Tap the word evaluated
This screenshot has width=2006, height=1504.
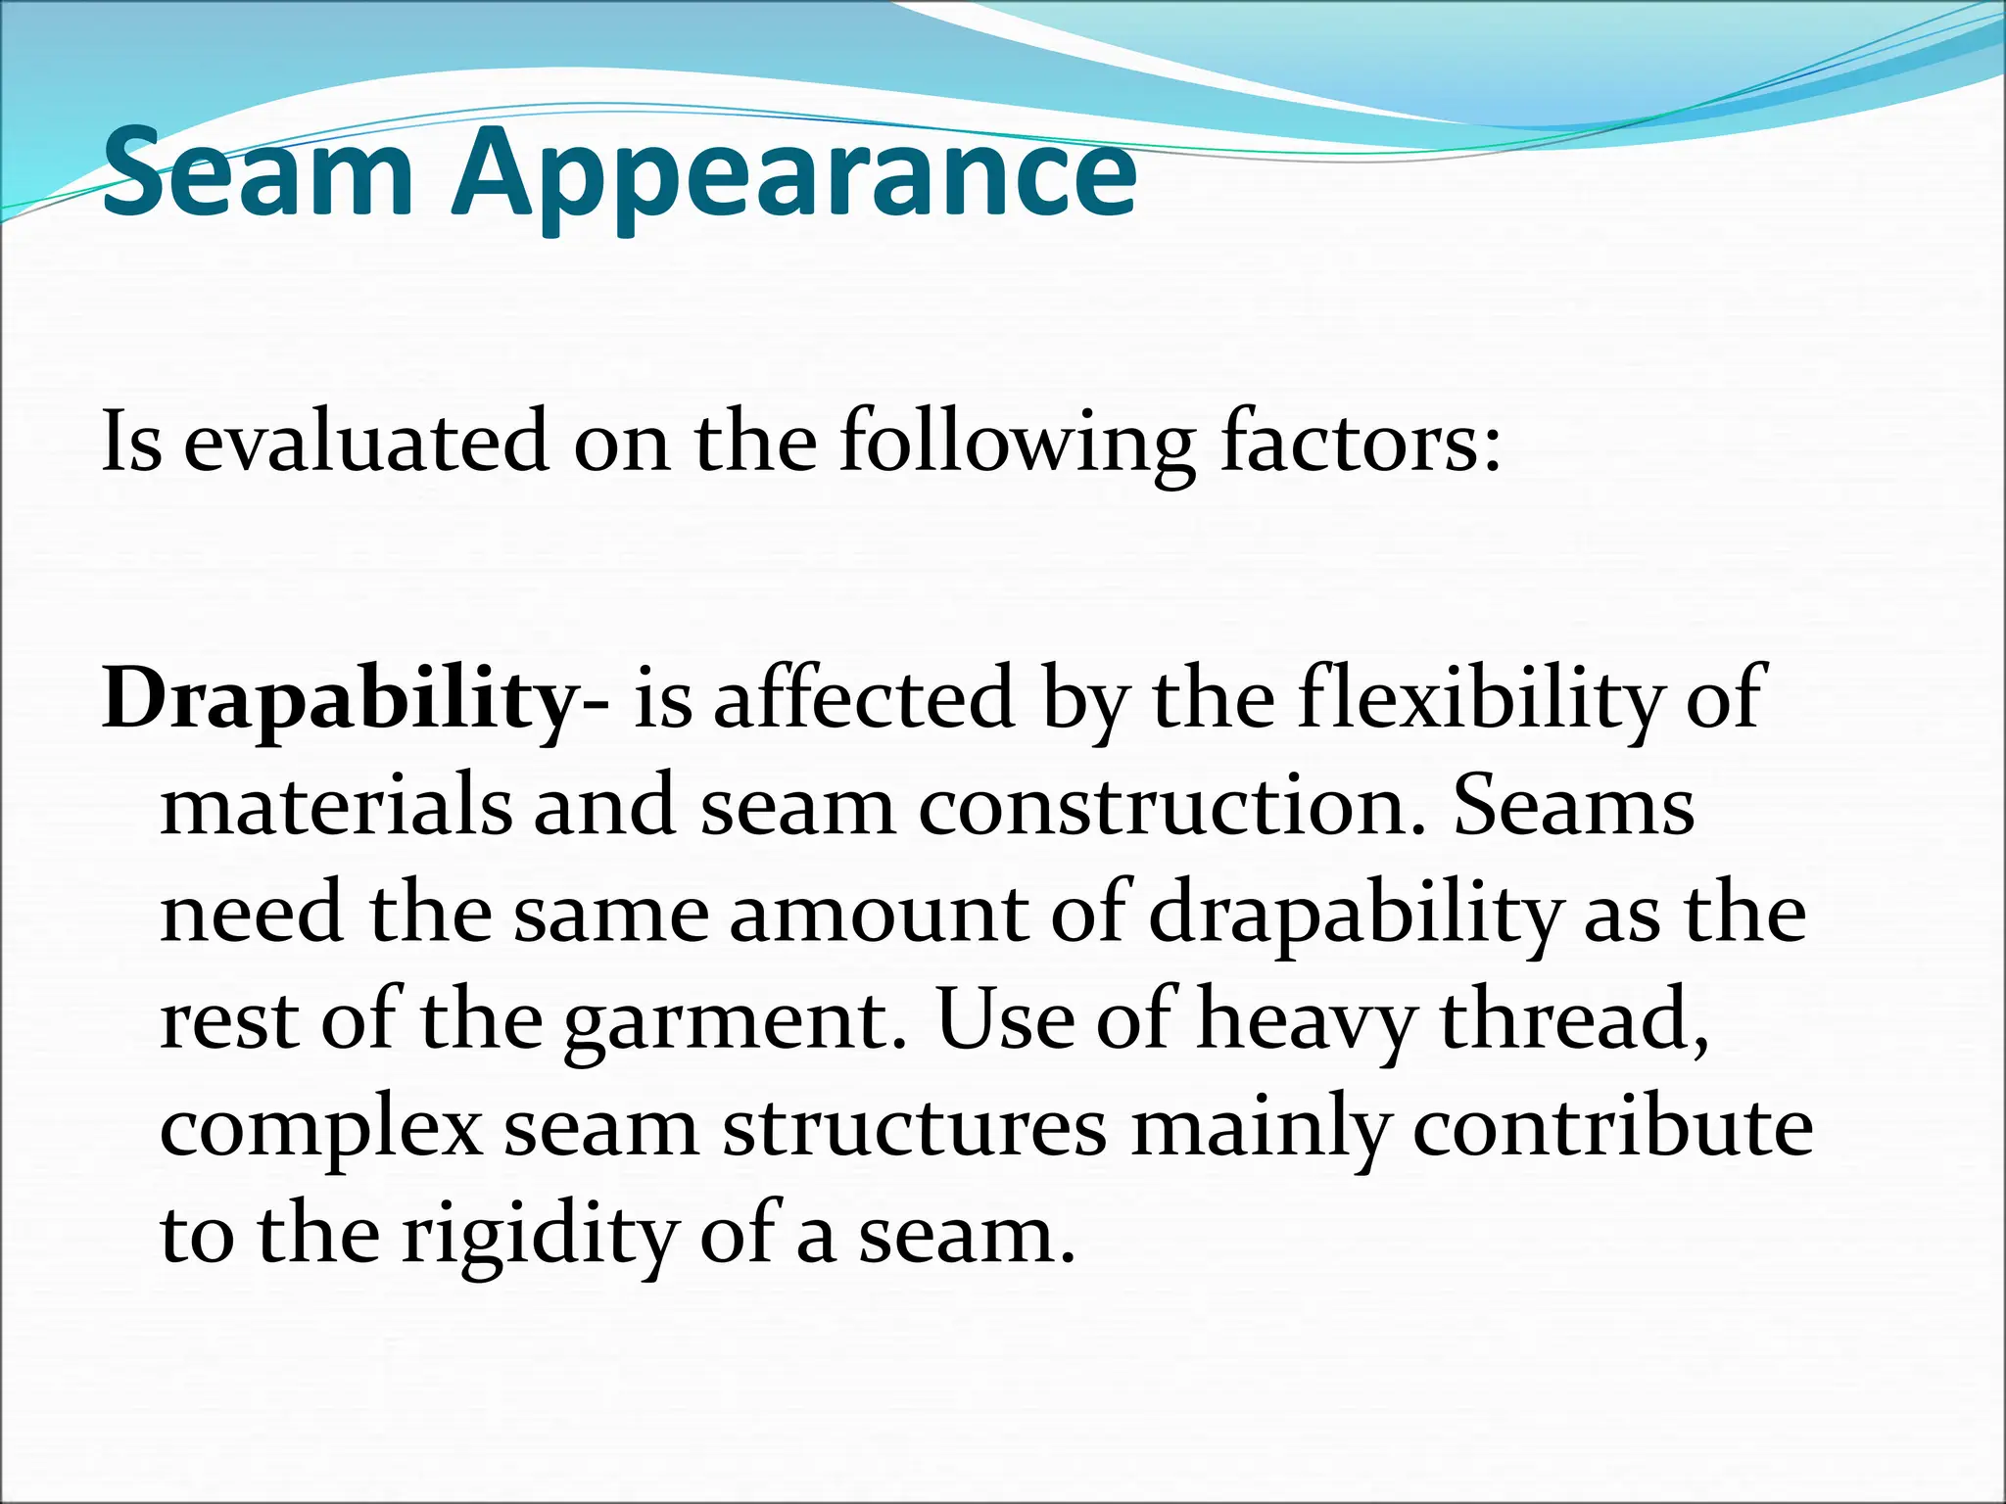366,443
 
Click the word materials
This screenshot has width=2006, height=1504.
336,806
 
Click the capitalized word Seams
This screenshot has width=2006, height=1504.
1573,806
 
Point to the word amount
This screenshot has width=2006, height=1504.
878,914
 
